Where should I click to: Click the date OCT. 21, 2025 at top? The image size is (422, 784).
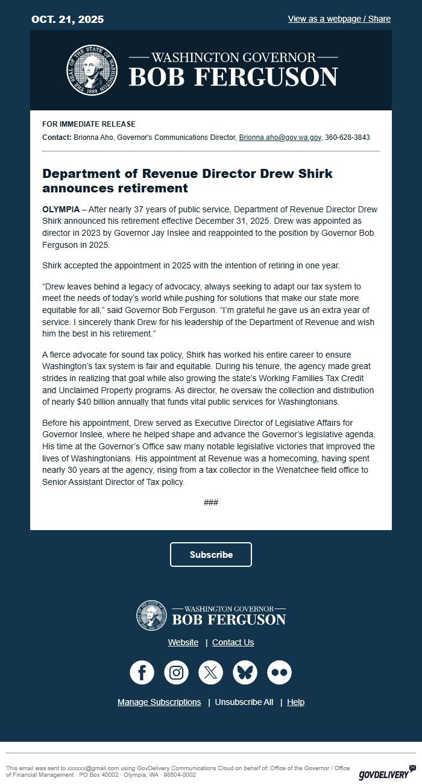[x=68, y=19]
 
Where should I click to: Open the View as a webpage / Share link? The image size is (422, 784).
[x=339, y=19]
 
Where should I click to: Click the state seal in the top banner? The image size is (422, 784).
[x=91, y=69]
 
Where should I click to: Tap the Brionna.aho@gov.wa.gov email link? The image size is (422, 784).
[x=280, y=138]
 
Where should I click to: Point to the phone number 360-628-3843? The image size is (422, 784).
[x=347, y=138]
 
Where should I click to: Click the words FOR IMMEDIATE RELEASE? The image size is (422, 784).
[x=89, y=124]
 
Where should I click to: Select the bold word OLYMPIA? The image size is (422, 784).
[x=61, y=209]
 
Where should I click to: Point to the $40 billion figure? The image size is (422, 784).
[x=86, y=402]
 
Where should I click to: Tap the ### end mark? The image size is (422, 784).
[x=211, y=502]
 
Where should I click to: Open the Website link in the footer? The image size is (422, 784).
[x=183, y=642]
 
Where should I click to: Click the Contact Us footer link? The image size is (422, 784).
[x=233, y=642]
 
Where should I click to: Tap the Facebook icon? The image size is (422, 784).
[x=142, y=672]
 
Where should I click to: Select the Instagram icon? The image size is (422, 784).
[x=176, y=672]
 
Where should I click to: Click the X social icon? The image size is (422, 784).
[x=210, y=672]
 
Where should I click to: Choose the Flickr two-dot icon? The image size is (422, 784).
[x=279, y=672]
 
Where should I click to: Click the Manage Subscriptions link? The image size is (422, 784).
[x=159, y=702]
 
